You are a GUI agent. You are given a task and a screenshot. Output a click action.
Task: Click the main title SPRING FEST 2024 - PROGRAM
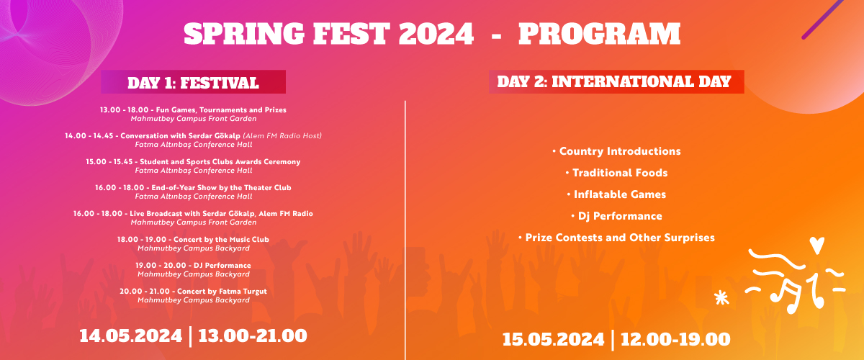click(432, 34)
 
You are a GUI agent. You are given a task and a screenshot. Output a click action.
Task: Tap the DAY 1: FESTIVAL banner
click(193, 82)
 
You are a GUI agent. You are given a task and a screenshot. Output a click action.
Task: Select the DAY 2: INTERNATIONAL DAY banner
click(616, 81)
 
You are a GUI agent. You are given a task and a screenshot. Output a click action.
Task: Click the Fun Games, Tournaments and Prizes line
click(193, 110)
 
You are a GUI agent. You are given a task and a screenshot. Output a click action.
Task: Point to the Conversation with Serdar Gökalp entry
click(193, 136)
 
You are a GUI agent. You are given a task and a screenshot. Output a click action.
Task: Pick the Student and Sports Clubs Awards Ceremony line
click(193, 162)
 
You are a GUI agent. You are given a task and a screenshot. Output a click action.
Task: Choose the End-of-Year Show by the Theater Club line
click(193, 188)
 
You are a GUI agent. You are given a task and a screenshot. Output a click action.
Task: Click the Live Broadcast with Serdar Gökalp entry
click(193, 214)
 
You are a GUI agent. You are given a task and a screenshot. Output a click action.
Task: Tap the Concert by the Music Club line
click(193, 239)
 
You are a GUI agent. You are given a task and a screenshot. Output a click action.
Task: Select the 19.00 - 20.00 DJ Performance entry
click(193, 266)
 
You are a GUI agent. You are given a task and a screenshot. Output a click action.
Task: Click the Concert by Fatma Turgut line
click(193, 291)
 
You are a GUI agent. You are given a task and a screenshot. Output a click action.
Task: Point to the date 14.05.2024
click(130, 336)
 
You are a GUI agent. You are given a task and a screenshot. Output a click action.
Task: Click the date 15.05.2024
click(554, 339)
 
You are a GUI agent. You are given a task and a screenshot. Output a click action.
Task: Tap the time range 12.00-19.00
click(675, 339)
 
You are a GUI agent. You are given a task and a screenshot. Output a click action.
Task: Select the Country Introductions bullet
click(616, 151)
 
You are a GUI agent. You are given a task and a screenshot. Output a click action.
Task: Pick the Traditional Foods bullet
click(616, 173)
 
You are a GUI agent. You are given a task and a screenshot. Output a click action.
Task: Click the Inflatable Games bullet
click(616, 194)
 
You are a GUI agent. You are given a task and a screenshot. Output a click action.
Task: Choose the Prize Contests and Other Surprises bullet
click(616, 238)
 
